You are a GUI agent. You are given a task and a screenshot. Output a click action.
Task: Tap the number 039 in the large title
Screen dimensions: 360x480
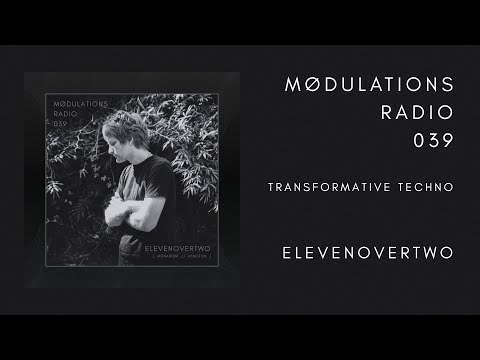pyautogui.click(x=433, y=142)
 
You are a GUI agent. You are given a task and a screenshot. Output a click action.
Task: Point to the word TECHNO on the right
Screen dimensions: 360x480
pyautogui.click(x=424, y=187)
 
